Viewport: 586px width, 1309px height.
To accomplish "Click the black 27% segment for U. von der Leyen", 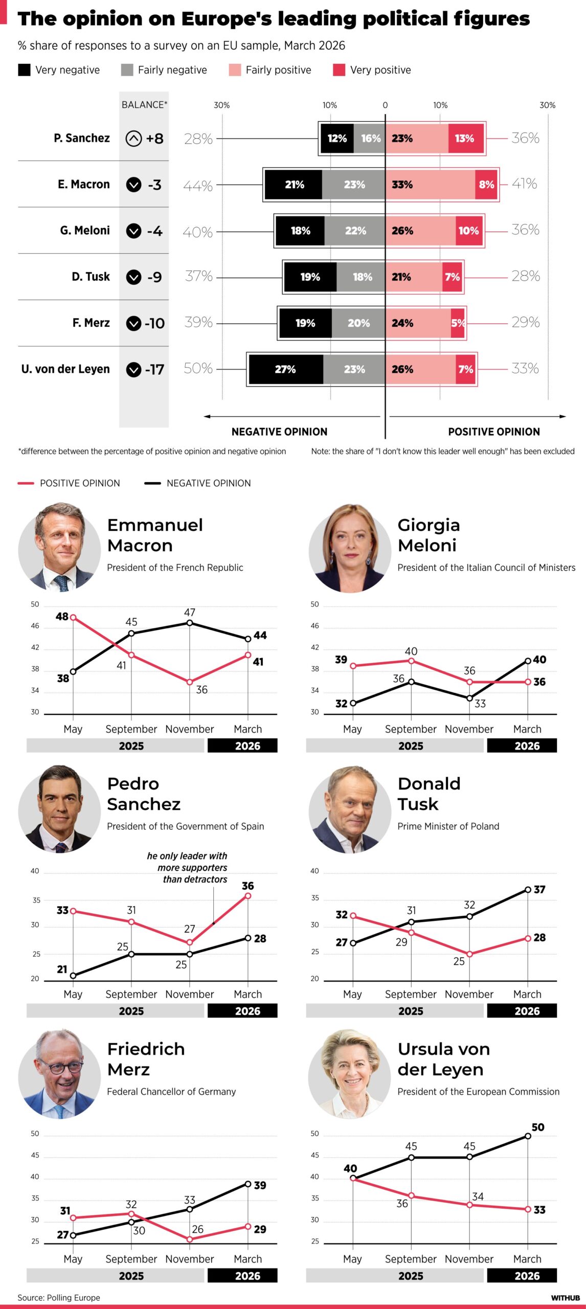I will click(x=286, y=369).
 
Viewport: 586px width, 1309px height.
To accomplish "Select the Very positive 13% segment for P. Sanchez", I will click(x=465, y=138).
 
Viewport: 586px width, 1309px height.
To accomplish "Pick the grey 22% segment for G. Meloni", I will click(x=354, y=231).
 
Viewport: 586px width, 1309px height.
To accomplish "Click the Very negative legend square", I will click(x=24, y=70).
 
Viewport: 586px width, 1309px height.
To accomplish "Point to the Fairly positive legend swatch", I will click(x=235, y=70).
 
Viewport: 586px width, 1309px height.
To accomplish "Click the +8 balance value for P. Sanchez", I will click(x=154, y=139).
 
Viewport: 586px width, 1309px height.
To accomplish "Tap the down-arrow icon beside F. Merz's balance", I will click(x=133, y=323).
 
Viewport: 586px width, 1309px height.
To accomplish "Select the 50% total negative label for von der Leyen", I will click(x=198, y=368).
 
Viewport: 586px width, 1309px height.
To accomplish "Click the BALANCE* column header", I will click(x=144, y=105).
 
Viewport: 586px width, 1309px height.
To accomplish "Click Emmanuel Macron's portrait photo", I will click(x=59, y=548).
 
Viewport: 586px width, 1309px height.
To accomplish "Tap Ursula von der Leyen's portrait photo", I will click(x=350, y=1073).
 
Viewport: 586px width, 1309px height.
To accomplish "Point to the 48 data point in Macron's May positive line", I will click(x=73, y=618).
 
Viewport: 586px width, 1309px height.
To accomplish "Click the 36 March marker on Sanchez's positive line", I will click(x=248, y=895).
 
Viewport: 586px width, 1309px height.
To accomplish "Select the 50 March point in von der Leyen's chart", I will click(x=528, y=1136).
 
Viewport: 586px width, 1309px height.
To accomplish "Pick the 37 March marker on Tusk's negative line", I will click(x=528, y=890).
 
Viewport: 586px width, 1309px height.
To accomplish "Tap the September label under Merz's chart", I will click(x=131, y=1259).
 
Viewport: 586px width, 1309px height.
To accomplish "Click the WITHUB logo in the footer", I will click(x=565, y=1298).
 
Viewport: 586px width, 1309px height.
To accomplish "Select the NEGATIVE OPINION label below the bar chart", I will click(x=279, y=432).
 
